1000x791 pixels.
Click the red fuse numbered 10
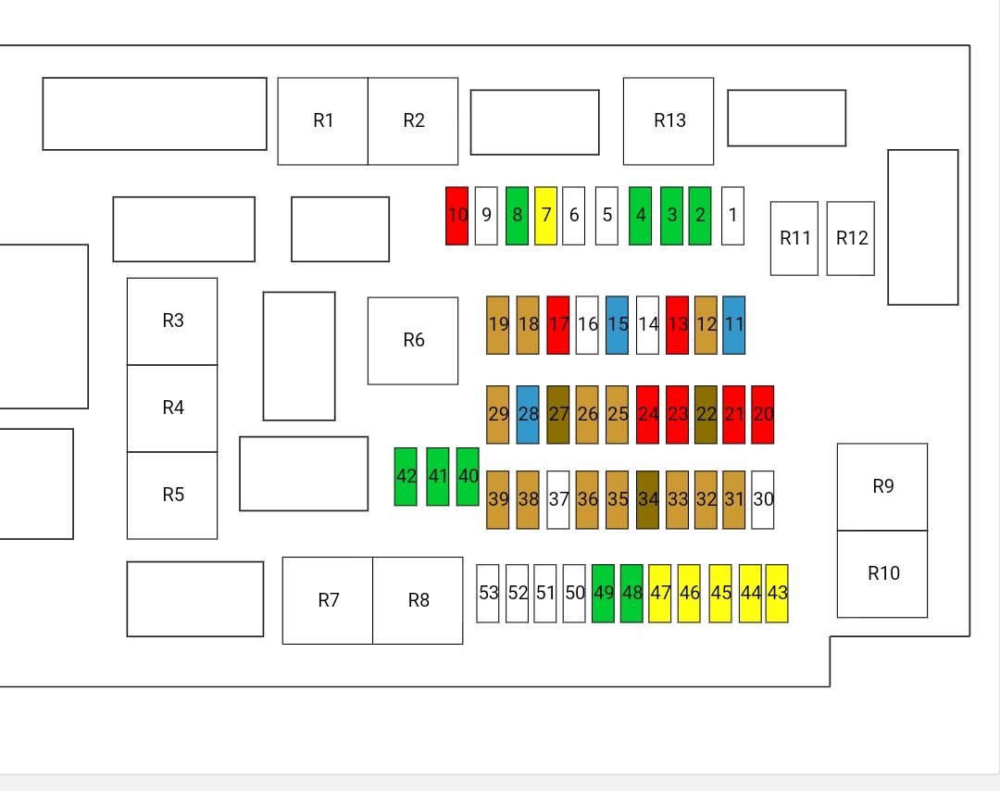456,216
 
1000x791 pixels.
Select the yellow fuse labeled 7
546,216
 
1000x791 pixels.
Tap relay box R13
669,121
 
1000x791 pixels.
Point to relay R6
413,341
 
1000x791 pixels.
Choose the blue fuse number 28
528,415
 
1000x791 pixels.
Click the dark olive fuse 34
648,500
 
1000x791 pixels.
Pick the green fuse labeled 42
406,476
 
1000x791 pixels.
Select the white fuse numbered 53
488,593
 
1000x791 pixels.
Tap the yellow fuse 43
777,593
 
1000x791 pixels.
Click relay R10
882,574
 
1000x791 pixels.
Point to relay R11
794,239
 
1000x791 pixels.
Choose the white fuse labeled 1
732,216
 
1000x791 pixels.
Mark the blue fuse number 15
617,325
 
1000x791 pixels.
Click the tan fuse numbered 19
497,325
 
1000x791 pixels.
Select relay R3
172,321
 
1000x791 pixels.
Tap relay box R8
418,601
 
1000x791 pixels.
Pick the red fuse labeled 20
763,415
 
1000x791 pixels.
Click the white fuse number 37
558,500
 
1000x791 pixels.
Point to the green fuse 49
604,593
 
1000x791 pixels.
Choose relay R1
323,121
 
